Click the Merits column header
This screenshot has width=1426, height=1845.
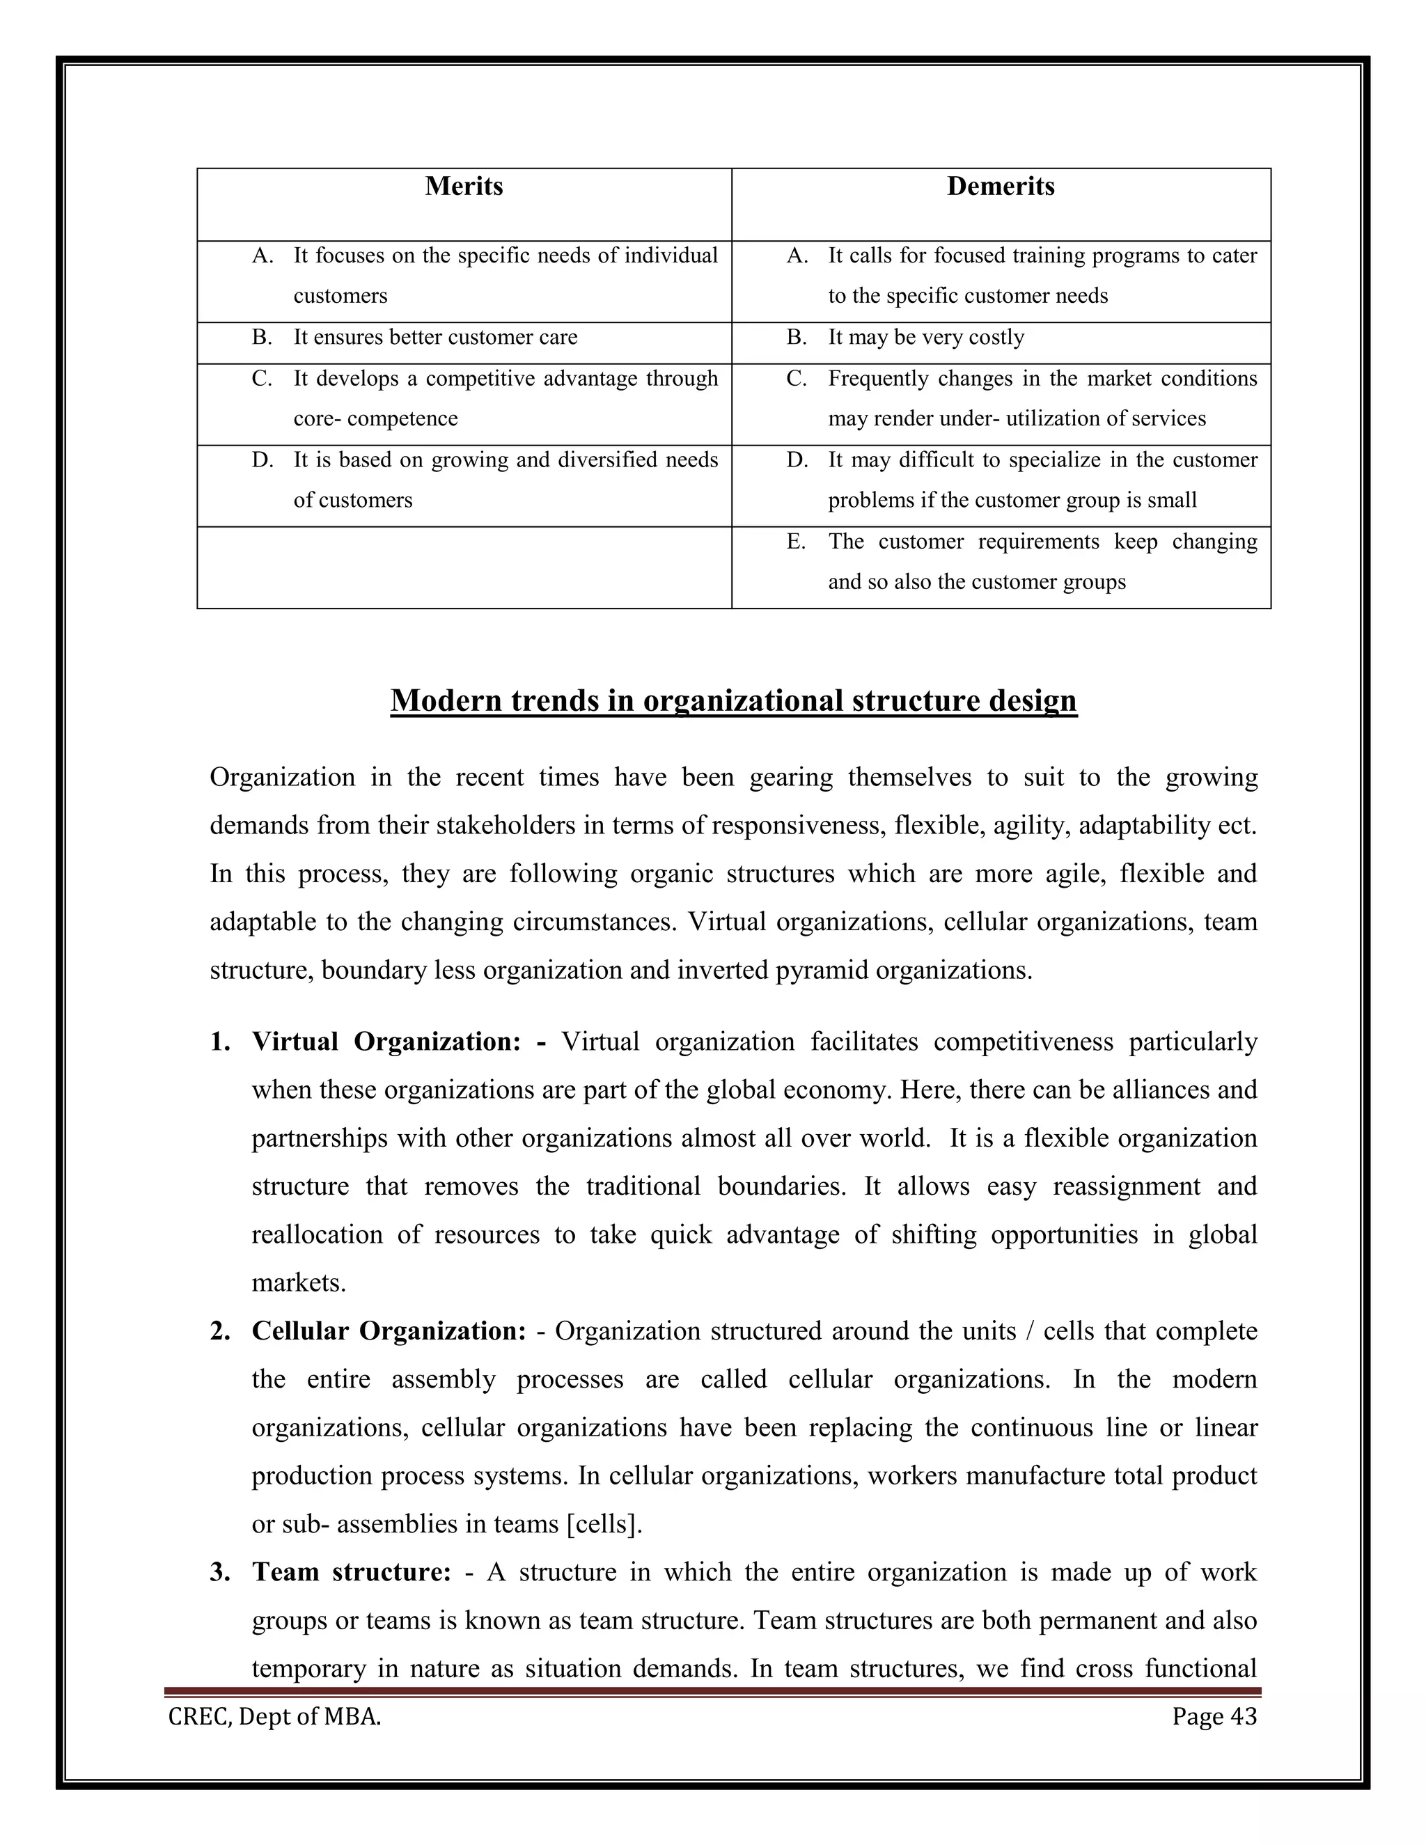[464, 187]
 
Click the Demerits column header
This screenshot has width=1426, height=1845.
[1001, 187]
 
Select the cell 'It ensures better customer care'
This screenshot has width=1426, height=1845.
[435, 338]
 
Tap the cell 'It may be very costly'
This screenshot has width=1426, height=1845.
[926, 338]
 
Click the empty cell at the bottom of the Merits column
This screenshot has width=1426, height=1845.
[464, 567]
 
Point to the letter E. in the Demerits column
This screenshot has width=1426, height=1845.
[796, 542]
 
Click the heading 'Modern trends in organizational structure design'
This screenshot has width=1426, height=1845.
[733, 701]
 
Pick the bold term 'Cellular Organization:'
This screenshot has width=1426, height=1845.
[389, 1331]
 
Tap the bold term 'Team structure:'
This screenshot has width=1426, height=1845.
[352, 1572]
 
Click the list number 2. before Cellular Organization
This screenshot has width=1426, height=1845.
[219, 1331]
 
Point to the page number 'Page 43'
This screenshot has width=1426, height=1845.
[1214, 1717]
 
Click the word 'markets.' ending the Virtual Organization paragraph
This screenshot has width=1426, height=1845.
[299, 1283]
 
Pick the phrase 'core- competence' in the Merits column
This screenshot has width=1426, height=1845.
[375, 419]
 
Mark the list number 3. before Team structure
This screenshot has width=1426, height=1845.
[219, 1572]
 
